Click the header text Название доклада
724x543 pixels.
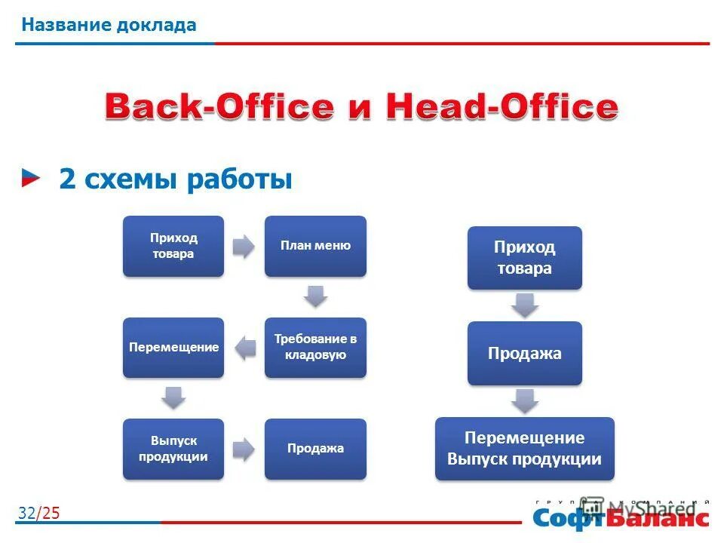click(x=109, y=25)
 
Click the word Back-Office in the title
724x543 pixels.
click(x=218, y=107)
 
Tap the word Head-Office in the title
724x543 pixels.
click(x=502, y=107)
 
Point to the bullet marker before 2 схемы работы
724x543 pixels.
click(x=32, y=178)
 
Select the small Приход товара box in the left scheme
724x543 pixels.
click(x=173, y=246)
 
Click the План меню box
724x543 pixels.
click(x=315, y=246)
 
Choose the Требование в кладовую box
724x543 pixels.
click(x=315, y=348)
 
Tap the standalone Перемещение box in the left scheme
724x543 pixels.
click(x=173, y=348)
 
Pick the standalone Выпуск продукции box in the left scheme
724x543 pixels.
click(x=173, y=449)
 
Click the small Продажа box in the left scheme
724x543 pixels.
click(x=315, y=449)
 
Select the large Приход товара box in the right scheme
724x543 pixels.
click(x=524, y=258)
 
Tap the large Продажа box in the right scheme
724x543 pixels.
click(x=524, y=353)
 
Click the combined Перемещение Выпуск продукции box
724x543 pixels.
click(x=524, y=449)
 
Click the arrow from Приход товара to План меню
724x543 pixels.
click(x=243, y=247)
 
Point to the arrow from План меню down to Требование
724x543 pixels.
click(x=316, y=296)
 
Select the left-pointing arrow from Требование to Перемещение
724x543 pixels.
click(x=244, y=348)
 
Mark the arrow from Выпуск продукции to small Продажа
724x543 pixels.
click(x=243, y=449)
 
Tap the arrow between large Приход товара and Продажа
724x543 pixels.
click(x=525, y=305)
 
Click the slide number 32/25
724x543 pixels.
click(x=38, y=514)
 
